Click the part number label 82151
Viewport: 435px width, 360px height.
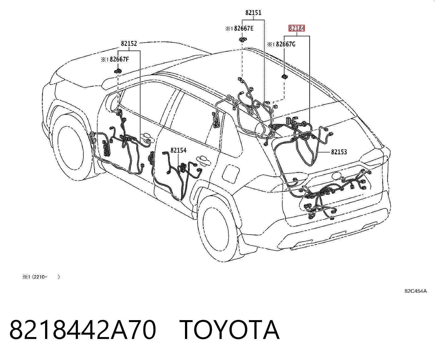[x=253, y=13]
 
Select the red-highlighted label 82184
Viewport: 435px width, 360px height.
[x=296, y=28]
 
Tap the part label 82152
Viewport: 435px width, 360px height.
[x=129, y=43]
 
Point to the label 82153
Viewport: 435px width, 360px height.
[x=339, y=152]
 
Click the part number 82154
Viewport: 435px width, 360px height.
[x=178, y=150]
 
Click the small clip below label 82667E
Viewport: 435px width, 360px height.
[x=243, y=39]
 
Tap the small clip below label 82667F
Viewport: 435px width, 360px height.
[x=118, y=71]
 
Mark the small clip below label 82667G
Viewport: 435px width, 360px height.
[x=285, y=77]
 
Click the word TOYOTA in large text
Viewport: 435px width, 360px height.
[x=229, y=330]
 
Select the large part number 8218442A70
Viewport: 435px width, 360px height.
[x=83, y=330]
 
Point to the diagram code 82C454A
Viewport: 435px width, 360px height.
[x=416, y=291]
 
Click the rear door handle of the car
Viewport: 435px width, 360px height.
[x=203, y=161]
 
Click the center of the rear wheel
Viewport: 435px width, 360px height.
[x=220, y=227]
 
